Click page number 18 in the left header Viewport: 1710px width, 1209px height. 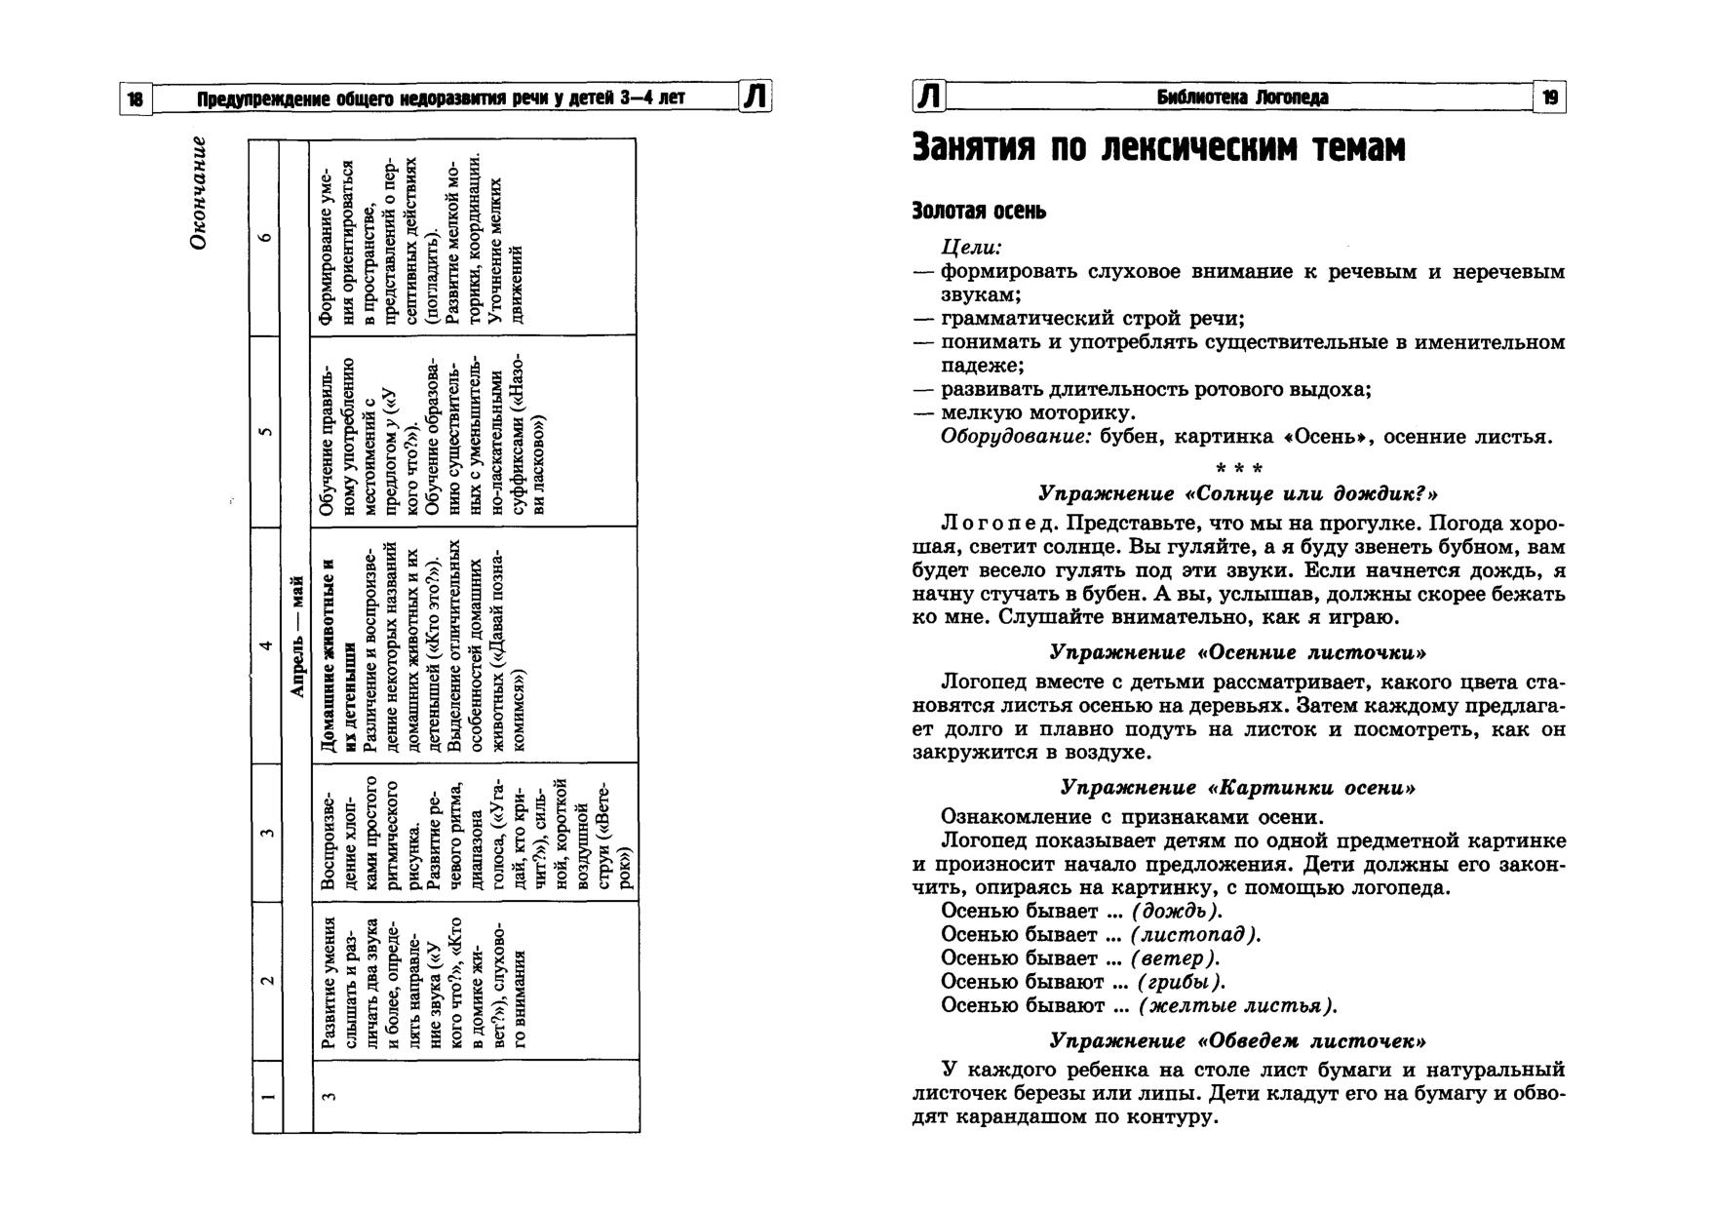(x=136, y=98)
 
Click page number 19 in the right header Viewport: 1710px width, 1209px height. (x=1550, y=97)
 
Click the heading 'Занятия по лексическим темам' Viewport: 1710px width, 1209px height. (x=1158, y=149)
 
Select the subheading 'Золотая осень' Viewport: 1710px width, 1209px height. (x=979, y=211)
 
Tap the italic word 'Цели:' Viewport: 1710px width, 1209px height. (x=972, y=249)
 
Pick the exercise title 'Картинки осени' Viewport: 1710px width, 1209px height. (x=1238, y=787)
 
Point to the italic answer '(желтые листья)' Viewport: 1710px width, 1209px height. (x=1238, y=1005)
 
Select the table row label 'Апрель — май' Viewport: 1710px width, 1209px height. (x=297, y=636)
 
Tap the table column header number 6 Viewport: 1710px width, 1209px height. (x=267, y=237)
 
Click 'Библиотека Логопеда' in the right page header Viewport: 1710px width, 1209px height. (x=1242, y=97)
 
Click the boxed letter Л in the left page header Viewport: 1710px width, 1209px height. (x=757, y=97)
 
